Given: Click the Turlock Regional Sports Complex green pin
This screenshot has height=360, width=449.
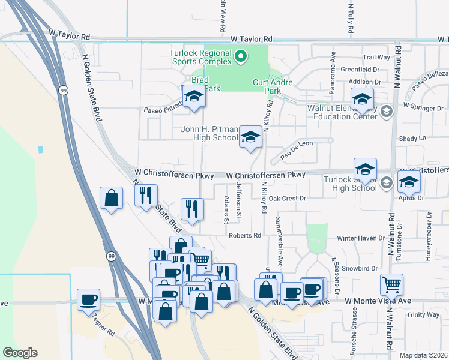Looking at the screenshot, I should point(241,57).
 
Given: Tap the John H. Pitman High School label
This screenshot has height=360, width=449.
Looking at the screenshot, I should point(209,133).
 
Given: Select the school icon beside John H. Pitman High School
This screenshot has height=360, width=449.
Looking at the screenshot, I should point(250,137).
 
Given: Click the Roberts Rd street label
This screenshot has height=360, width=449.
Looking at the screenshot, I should point(244,235).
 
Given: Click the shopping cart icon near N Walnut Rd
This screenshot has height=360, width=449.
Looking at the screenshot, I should point(391,284).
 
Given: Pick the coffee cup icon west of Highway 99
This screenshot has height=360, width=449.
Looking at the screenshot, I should point(88,299).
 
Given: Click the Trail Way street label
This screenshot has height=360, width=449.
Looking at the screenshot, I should point(376,58).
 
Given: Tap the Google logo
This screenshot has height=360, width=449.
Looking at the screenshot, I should point(20,353).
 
